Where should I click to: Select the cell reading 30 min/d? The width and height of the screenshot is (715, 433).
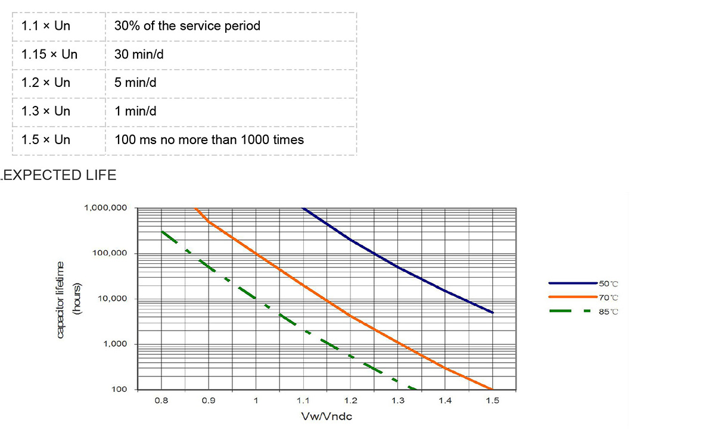tap(139, 55)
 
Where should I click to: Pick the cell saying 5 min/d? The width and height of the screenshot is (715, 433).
tap(135, 83)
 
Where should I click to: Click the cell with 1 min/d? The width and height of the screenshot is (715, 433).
tap(135, 111)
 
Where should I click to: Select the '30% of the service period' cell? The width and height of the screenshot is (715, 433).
tap(187, 26)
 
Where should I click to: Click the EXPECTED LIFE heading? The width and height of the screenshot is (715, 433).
tap(59, 175)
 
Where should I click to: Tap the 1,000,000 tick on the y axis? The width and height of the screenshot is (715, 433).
tap(106, 208)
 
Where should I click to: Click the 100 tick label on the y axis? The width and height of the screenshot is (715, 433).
tap(120, 390)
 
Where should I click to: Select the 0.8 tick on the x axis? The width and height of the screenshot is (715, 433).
tap(161, 401)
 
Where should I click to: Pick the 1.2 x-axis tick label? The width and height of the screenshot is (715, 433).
tap(350, 401)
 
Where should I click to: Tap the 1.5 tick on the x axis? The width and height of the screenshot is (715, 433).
tap(492, 401)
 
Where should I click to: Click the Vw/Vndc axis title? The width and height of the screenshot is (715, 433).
tap(327, 416)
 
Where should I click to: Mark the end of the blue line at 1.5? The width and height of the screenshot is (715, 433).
tap(492, 312)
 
